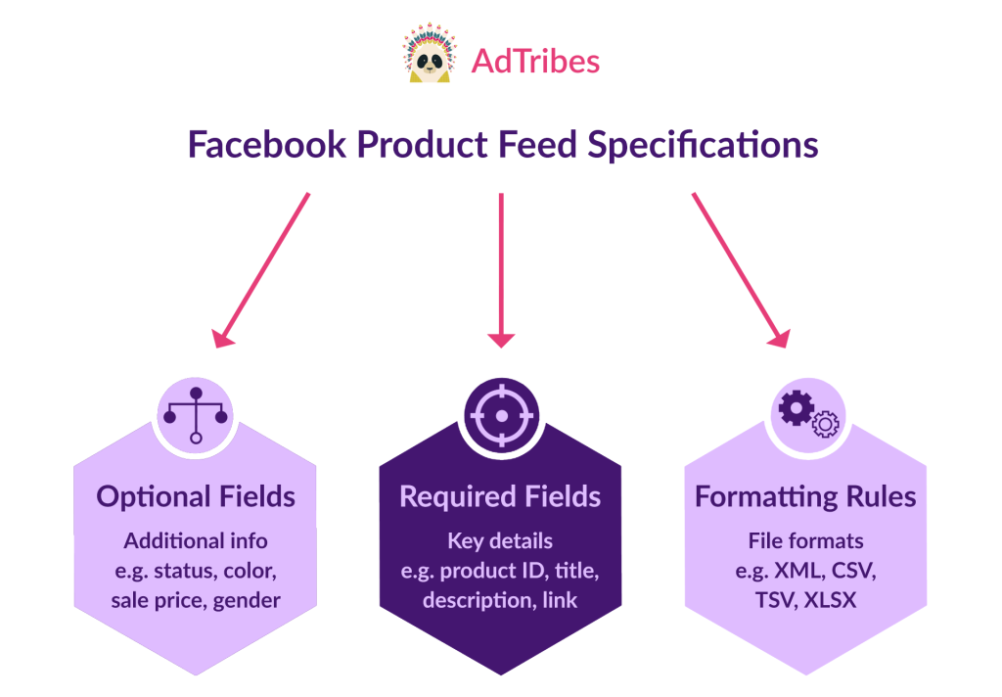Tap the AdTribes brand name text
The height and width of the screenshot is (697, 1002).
click(x=535, y=61)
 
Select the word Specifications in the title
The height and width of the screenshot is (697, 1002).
click(x=703, y=145)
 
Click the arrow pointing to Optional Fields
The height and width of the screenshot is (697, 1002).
click(x=262, y=269)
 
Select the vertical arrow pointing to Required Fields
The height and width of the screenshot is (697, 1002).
click(x=501, y=269)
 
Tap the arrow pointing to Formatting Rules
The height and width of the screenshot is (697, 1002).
click(x=740, y=269)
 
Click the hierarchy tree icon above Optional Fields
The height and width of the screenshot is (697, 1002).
click(x=196, y=415)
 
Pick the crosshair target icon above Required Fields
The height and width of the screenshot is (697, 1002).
click(x=501, y=415)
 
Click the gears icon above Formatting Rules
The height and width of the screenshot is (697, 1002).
click(x=807, y=415)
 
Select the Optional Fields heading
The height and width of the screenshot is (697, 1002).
click(x=196, y=496)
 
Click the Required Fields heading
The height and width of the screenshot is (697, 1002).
click(x=500, y=496)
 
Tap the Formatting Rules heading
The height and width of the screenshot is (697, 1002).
click(x=805, y=496)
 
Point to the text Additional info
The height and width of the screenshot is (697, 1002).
click(x=196, y=540)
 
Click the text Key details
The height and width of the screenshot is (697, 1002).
click(x=500, y=540)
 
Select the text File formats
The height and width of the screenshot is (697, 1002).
click(x=805, y=540)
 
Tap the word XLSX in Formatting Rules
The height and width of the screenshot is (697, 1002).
click(x=830, y=600)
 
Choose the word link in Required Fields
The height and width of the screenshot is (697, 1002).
click(x=560, y=600)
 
